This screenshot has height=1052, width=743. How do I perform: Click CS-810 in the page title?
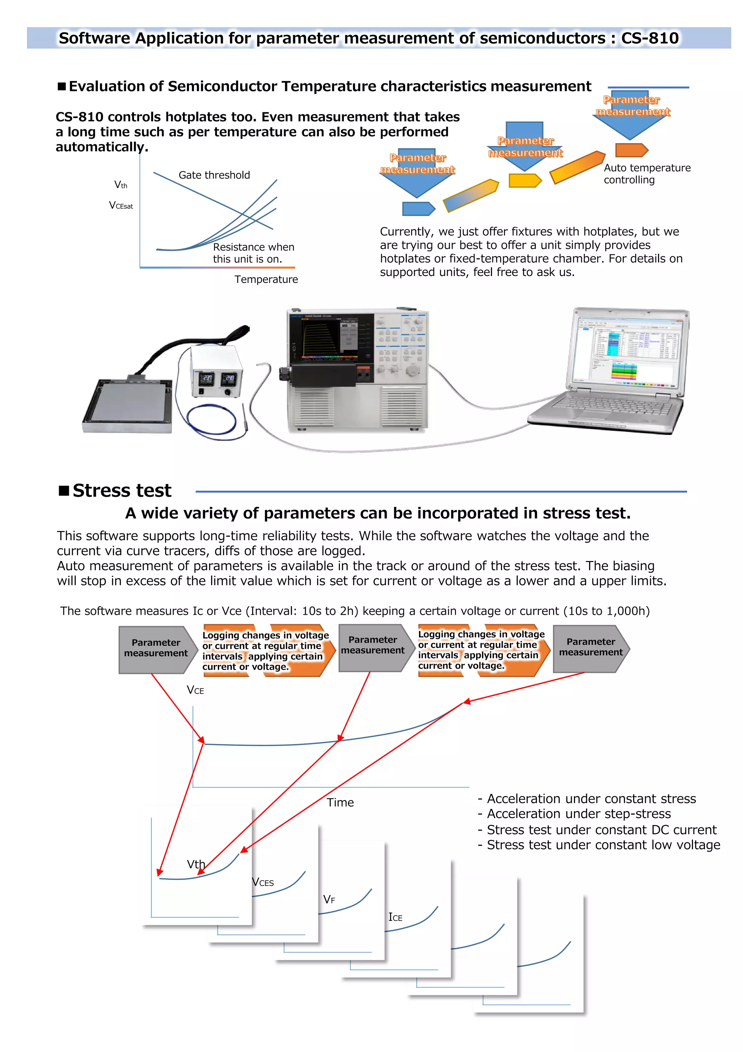coord(650,38)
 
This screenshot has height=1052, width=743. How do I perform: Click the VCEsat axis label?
coord(121,206)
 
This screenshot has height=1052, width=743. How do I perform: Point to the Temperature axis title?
coord(266,280)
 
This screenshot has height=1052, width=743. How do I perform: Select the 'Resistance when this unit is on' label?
coord(253,253)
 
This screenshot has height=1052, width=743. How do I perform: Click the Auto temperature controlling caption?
coord(646,174)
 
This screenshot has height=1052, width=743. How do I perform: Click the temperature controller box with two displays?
coord(217,373)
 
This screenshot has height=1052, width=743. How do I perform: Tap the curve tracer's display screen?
coord(331,336)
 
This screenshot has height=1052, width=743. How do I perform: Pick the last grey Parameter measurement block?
coord(591,647)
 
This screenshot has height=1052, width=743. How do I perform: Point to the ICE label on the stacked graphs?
coord(395,917)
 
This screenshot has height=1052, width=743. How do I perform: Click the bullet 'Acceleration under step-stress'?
coord(579,814)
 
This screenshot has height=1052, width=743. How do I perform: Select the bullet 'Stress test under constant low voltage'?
coord(603,845)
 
